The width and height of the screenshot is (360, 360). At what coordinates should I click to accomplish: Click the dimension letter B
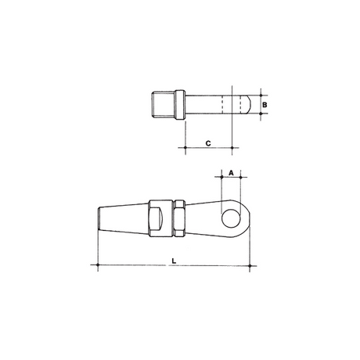point(265,105)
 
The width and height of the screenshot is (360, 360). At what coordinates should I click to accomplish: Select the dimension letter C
point(208,143)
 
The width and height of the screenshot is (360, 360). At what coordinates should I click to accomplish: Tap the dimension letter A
point(231,173)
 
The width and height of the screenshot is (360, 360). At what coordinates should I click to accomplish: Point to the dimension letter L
point(174,261)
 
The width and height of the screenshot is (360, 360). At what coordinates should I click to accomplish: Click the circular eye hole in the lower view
point(231,218)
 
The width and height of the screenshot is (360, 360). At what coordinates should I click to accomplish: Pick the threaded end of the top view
point(164,105)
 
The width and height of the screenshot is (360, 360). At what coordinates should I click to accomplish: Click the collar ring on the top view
point(180,105)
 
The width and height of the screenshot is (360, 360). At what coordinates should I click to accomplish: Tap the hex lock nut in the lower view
point(179,218)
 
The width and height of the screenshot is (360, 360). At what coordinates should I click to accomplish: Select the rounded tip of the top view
point(249,105)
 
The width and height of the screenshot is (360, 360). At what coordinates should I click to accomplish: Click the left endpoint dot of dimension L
point(98,265)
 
